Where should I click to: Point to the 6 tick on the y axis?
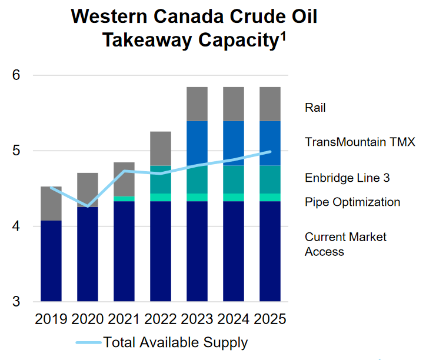coord(16,75)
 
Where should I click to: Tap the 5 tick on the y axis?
coord(16,151)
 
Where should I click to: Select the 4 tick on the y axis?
coord(16,226)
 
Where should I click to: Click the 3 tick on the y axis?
coord(16,301)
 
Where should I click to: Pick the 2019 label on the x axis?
coord(51,319)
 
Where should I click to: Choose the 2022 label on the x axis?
coord(160,319)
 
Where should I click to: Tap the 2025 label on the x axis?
coord(269,319)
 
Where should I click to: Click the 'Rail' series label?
coord(315,108)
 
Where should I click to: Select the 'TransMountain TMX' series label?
coord(360,142)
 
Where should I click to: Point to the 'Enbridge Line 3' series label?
coord(347,178)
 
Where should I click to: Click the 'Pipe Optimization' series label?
coord(352,202)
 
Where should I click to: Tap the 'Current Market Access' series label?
coord(345,244)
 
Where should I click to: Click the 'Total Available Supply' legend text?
coord(175,342)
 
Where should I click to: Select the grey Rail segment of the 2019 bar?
coord(51,204)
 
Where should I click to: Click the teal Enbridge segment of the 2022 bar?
coord(160,179)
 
